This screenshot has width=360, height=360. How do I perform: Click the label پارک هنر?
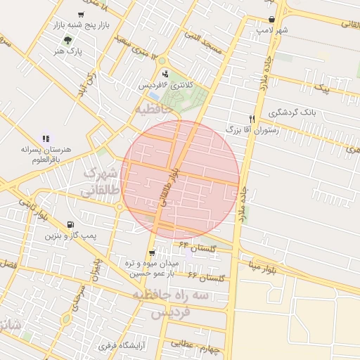(69, 51)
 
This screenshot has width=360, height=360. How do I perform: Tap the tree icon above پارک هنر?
(67, 41)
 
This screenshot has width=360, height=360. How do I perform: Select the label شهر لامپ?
(272, 31)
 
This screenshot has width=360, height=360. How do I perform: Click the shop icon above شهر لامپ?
(271, 20)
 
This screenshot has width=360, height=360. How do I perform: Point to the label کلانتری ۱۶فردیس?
(165, 84)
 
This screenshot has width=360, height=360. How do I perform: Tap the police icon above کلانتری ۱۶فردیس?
(165, 74)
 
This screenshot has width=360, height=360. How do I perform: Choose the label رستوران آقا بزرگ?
(252, 130)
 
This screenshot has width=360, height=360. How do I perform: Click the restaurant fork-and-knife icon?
(252, 119)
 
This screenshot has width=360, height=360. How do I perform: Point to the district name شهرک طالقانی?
(98, 181)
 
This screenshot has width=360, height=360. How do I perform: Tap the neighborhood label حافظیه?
(154, 110)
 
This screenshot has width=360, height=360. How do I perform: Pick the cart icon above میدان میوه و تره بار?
(152, 253)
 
